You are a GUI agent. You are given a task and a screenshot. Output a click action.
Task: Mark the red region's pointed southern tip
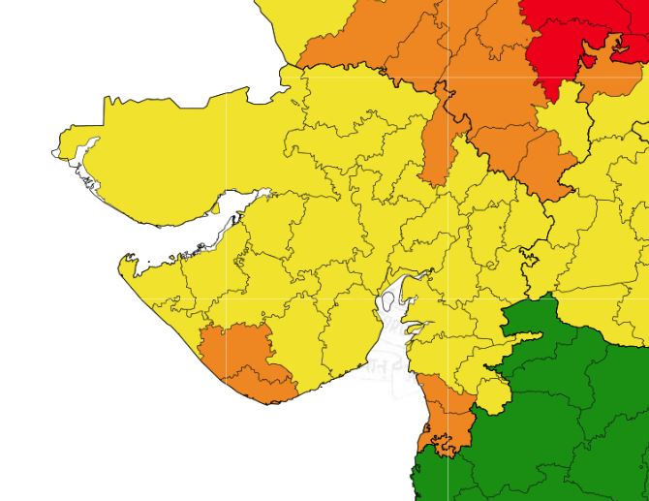coord(550,97)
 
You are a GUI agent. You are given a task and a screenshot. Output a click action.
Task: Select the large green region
coord(572,407)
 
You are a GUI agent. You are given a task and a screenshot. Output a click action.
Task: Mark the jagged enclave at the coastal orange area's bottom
coord(444,446)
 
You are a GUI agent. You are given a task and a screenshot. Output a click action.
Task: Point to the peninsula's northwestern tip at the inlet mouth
coord(126,262)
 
